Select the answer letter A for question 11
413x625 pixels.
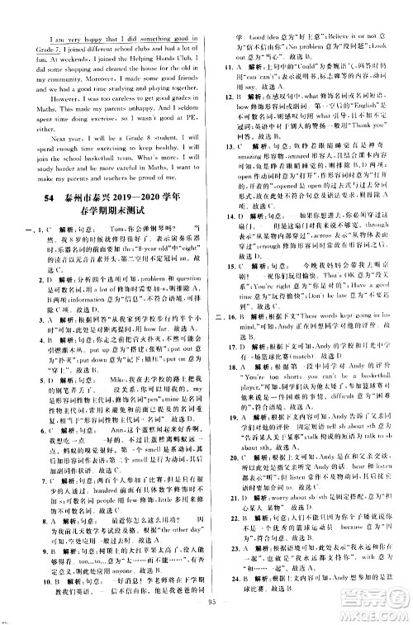click(240, 64)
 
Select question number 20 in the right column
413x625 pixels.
click(224, 482)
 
